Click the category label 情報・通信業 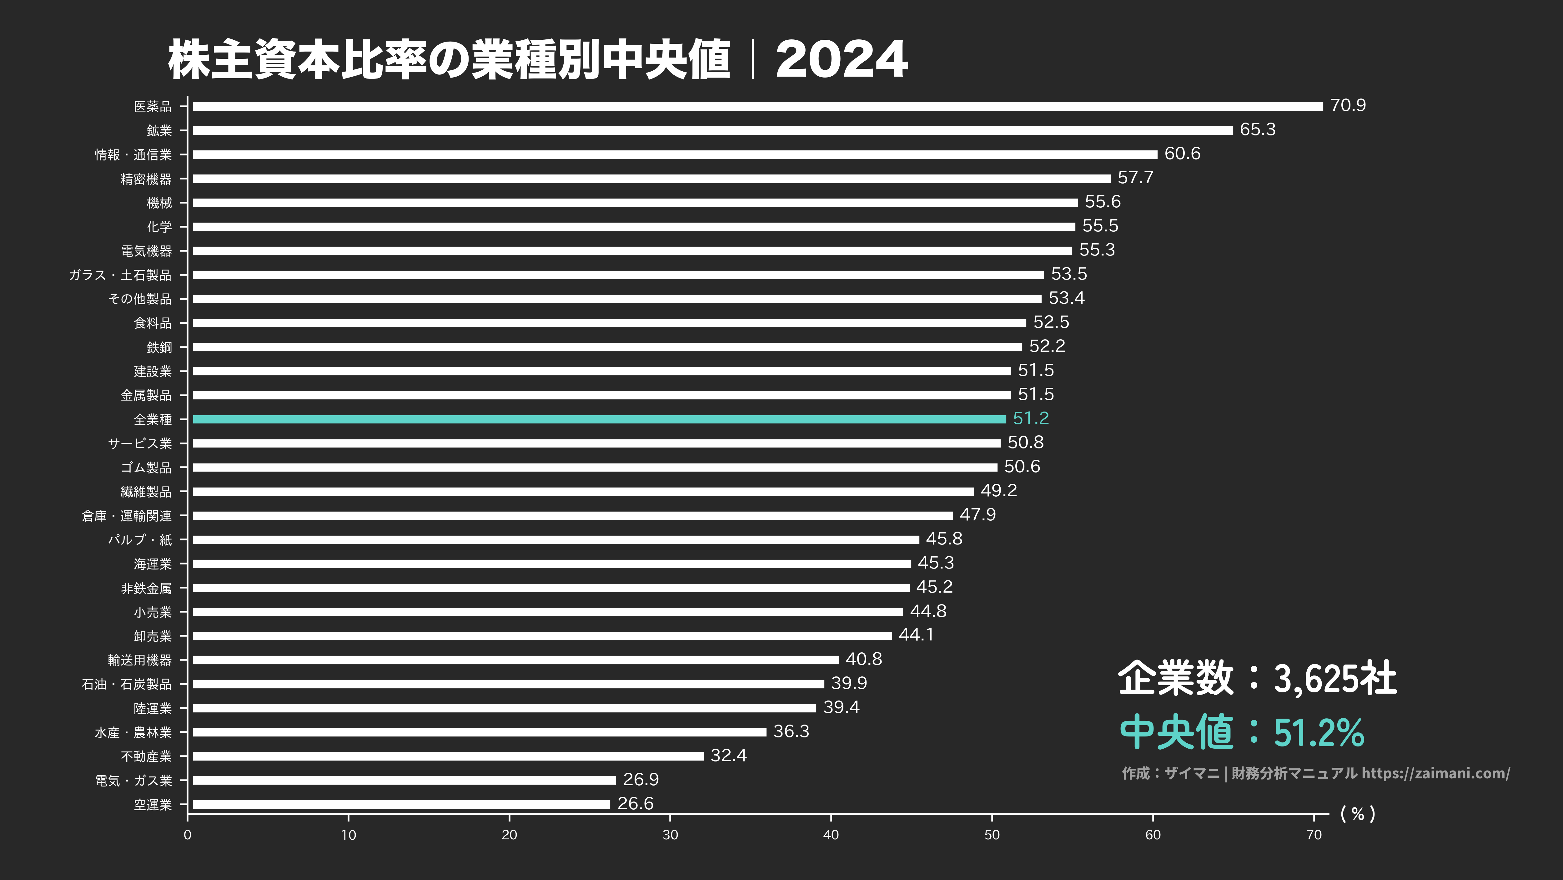(133, 155)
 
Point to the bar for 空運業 (401, 804)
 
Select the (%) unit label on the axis (1357, 814)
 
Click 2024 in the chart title (842, 59)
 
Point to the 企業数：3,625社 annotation (1257, 678)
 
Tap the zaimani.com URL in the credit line (1435, 773)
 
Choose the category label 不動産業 (146, 756)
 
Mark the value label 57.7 (1135, 178)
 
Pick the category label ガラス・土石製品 (120, 275)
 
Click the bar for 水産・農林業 (479, 732)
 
